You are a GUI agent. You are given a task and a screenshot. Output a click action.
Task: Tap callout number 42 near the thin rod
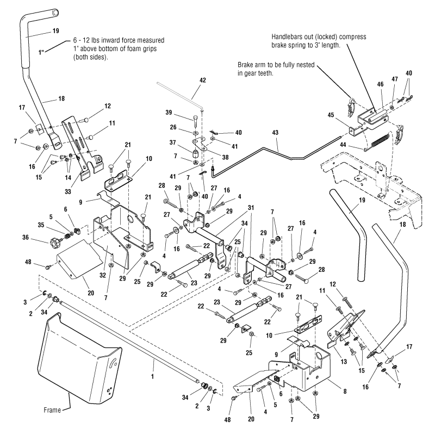pos(203,80)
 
